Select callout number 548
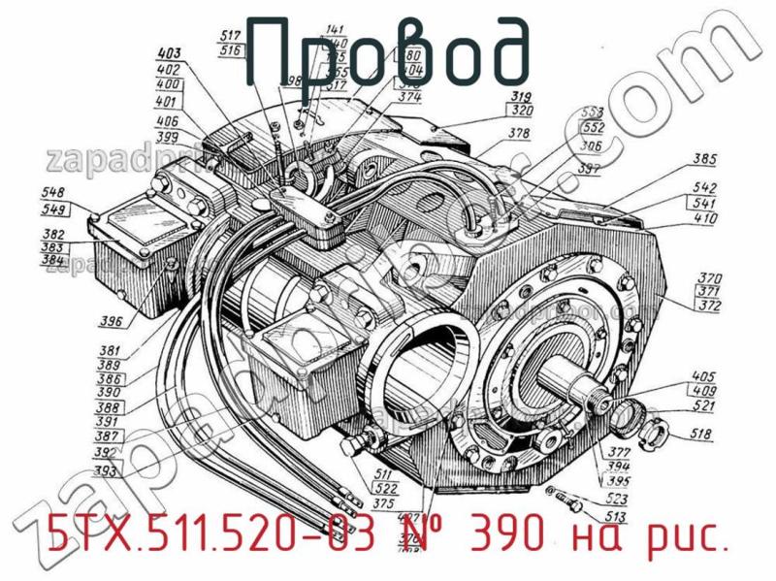tap(54, 193)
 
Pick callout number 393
tap(107, 471)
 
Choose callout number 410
tap(705, 218)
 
